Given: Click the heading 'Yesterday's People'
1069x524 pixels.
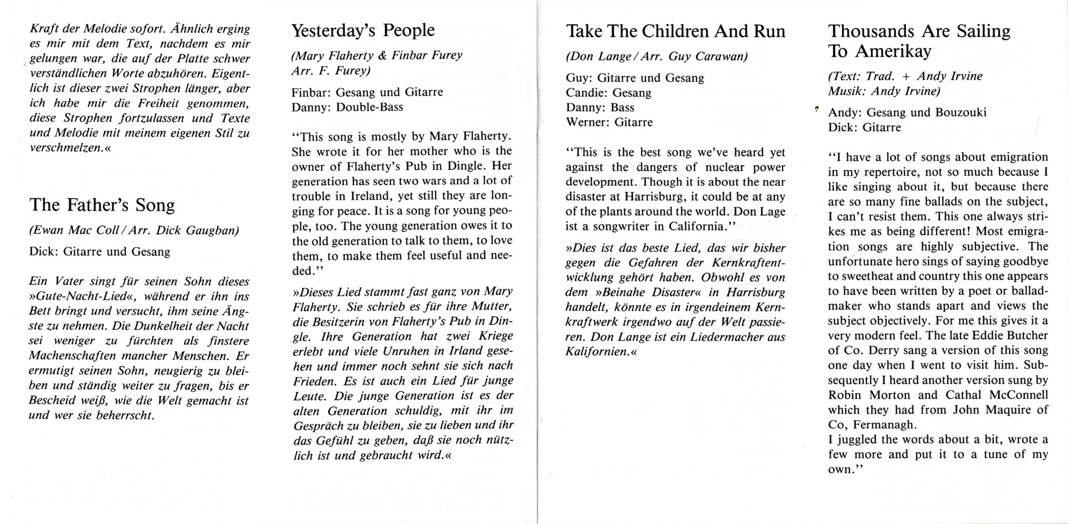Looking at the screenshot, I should pyautogui.click(x=363, y=30).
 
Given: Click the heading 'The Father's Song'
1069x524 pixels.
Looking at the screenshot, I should pyautogui.click(x=102, y=205).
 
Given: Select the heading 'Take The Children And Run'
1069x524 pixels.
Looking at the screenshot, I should pyautogui.click(x=676, y=31).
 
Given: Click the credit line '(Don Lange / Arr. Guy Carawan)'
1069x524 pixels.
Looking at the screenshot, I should pyautogui.click(x=656, y=57).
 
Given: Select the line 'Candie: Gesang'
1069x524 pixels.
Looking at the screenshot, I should pyautogui.click(x=608, y=93).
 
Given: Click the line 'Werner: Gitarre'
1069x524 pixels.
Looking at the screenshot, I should pyautogui.click(x=609, y=122).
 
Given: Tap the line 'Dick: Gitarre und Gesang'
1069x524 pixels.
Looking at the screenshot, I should pyautogui.click(x=100, y=252).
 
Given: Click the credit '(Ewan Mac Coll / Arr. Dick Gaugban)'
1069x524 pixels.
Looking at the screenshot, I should pyautogui.click(x=134, y=231).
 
